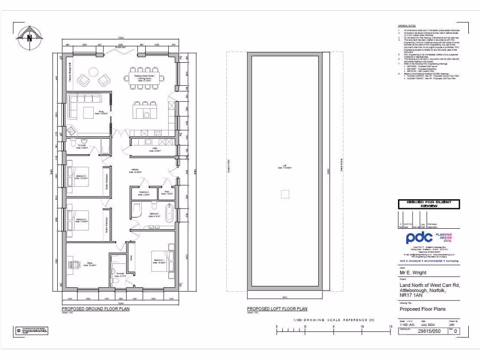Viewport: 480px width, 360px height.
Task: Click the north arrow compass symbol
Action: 30,37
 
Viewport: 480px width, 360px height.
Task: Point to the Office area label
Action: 91,264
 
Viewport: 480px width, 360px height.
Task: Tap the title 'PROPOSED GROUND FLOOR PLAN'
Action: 96,309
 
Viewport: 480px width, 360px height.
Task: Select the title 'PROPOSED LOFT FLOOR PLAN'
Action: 277,309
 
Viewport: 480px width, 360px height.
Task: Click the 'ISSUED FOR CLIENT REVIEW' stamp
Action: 428,204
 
